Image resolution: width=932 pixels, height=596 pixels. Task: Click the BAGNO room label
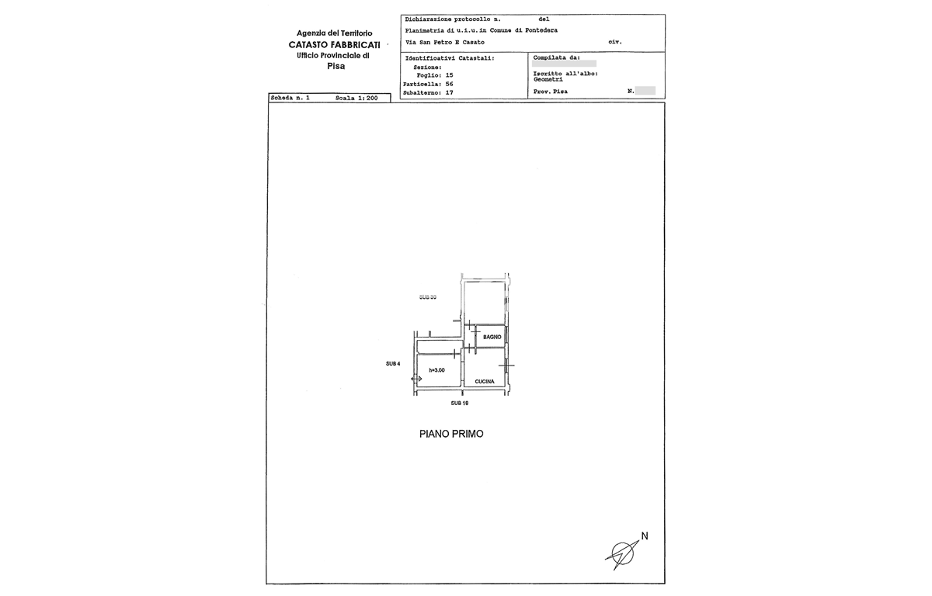tap(491, 337)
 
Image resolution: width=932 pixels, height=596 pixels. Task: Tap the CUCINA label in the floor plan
tap(485, 382)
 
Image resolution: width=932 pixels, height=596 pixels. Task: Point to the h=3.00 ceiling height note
tap(436, 370)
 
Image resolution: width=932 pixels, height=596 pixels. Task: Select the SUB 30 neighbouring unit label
tap(427, 297)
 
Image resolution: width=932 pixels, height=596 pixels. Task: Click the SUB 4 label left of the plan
tap(393, 363)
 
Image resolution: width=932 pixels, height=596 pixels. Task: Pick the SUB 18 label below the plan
tap(460, 404)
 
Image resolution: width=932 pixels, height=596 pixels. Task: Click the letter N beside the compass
tap(644, 535)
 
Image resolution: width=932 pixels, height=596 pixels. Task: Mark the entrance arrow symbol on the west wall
tap(416, 378)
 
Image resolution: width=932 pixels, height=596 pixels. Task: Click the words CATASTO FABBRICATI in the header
tap(334, 45)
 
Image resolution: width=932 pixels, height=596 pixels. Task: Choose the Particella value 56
tap(448, 84)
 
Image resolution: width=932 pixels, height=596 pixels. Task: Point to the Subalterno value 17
tap(448, 92)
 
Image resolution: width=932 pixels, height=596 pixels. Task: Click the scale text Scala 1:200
tap(356, 99)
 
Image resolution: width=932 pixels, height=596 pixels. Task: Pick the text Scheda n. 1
tap(290, 99)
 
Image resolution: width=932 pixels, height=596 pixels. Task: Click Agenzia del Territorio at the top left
tap(335, 33)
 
